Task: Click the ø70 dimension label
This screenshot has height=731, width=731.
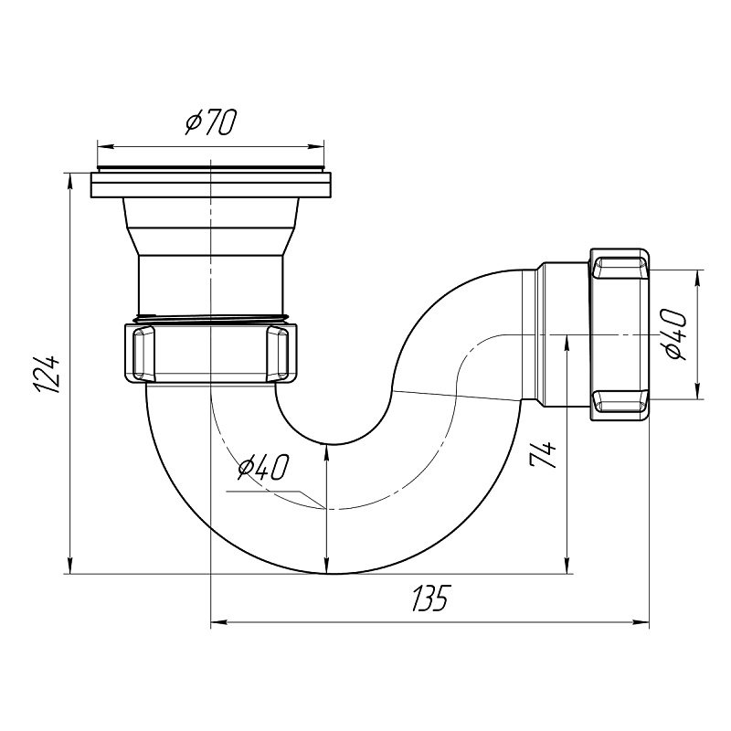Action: [211, 123]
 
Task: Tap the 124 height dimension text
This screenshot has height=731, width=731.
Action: [48, 375]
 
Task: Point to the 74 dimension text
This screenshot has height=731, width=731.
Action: [544, 454]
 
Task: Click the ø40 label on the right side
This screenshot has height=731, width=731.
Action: [675, 334]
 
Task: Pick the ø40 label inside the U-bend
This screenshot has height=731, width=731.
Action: [263, 467]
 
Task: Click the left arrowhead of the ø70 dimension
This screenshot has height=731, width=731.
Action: [105, 147]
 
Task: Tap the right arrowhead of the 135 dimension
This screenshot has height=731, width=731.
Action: [641, 622]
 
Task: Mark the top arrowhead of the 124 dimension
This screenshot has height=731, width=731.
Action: [70, 182]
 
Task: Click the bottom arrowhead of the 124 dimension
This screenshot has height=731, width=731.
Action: [70, 565]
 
